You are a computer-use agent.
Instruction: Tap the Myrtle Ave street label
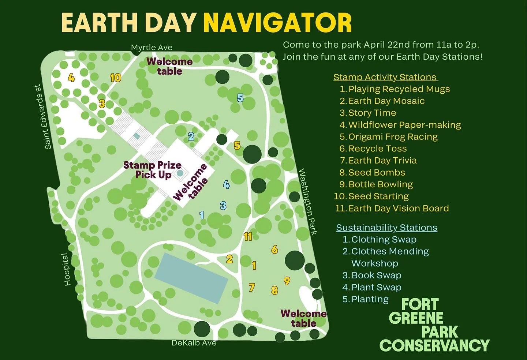coord(152,48)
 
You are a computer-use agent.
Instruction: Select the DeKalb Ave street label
coord(194,343)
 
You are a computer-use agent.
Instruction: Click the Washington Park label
coord(308,202)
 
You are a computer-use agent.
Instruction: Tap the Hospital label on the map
coord(67,269)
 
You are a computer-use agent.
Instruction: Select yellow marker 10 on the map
coord(115,78)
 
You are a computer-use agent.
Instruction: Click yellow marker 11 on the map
coord(248,237)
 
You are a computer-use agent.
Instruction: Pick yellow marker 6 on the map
coord(274,250)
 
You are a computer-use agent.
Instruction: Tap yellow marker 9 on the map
coord(287,281)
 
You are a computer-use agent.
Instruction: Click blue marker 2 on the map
coord(191,136)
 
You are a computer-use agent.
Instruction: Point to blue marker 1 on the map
coord(202,215)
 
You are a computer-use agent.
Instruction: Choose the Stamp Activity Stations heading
coord(385,77)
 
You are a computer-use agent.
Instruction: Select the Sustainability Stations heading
coord(386,228)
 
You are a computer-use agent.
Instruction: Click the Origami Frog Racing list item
coord(393,137)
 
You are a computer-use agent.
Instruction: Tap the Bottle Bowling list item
coord(380,184)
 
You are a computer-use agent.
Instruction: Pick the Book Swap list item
coord(376,275)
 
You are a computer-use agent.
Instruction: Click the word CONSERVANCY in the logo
coord(434,345)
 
